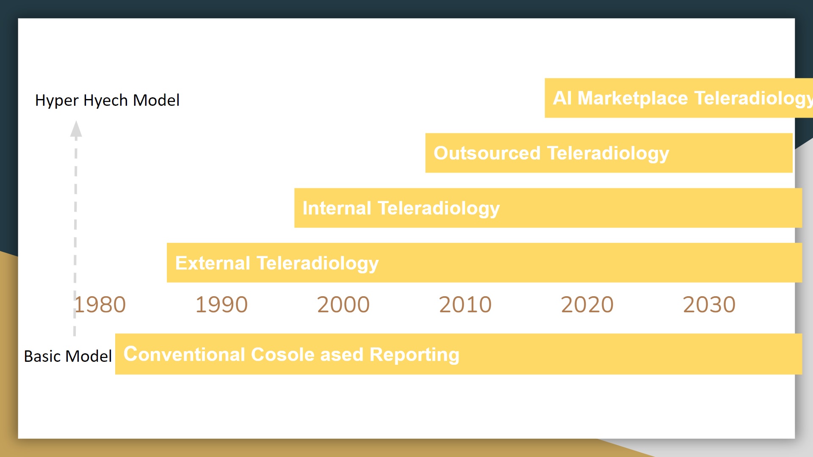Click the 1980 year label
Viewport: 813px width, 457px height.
[x=100, y=305]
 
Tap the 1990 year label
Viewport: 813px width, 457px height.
[x=221, y=305]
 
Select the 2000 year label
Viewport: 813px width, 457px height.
[x=343, y=305]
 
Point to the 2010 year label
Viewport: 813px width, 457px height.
[x=465, y=305]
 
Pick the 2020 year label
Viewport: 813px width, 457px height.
[x=587, y=305]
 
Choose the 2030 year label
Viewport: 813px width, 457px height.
[x=709, y=305]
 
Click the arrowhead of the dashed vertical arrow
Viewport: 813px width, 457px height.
[x=76, y=129]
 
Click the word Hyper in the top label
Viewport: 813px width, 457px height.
[x=57, y=101]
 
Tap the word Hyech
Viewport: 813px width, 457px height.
[x=106, y=101]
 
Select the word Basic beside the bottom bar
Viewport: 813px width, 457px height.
[x=42, y=356]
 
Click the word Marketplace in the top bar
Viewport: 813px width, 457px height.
[x=633, y=98]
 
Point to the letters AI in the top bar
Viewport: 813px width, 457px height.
[x=562, y=98]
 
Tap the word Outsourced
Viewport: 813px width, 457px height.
[x=487, y=153]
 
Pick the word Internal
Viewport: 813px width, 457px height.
[x=337, y=208]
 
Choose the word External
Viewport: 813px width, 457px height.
[x=213, y=263]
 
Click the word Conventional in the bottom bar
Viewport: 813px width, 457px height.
[x=184, y=355]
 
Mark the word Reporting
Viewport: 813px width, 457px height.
[x=415, y=355]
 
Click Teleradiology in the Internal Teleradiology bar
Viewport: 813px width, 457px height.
[x=439, y=209]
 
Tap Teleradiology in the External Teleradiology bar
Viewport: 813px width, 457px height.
[x=318, y=264]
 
